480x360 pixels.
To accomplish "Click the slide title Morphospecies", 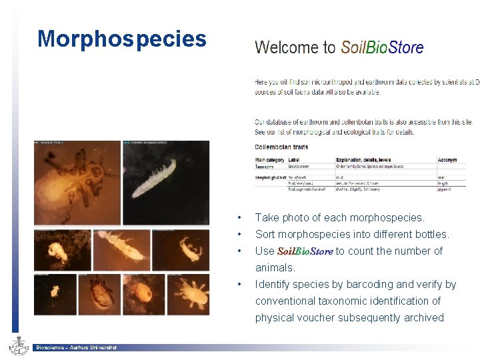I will tap(122, 39).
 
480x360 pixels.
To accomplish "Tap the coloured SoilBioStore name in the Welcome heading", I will tap(382, 47).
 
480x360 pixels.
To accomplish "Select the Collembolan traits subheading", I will tap(281, 147).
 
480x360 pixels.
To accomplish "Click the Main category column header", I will tap(269, 160).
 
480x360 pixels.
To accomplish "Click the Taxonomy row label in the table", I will tap(266, 167).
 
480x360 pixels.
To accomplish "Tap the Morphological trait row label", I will tap(270, 177).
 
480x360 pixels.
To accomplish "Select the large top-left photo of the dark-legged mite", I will tap(77, 181).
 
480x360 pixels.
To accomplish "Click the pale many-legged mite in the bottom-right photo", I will tap(189, 294).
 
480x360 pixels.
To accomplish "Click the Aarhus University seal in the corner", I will tap(18, 346).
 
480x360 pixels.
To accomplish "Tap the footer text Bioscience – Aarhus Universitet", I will tap(77, 347).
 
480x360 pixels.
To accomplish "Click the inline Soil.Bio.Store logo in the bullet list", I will tap(305, 251).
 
